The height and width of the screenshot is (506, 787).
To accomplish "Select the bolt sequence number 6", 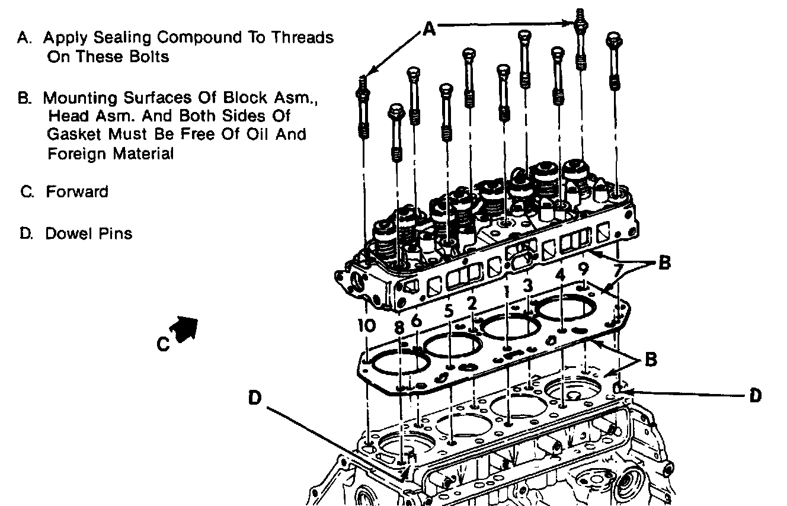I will pyautogui.click(x=417, y=321).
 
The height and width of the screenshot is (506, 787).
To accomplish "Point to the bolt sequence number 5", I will pyautogui.click(x=449, y=310).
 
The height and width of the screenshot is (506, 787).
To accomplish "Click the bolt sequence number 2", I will pyautogui.click(x=472, y=303).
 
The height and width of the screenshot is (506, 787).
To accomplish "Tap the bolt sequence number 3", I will pyautogui.click(x=527, y=285).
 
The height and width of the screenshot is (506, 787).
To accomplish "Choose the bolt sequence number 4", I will pyautogui.click(x=561, y=276).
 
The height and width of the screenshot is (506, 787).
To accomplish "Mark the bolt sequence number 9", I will pyautogui.click(x=584, y=270).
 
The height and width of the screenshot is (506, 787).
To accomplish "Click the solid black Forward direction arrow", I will pyautogui.click(x=184, y=326).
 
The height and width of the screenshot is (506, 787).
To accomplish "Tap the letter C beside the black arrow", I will pyautogui.click(x=164, y=344).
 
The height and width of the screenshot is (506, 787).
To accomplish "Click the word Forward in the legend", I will pyautogui.click(x=77, y=192).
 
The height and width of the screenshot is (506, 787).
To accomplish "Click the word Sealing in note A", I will pyautogui.click(x=123, y=37).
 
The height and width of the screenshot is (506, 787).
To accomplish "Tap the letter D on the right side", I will pyautogui.click(x=755, y=395).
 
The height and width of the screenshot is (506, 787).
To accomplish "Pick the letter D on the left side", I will pyautogui.click(x=255, y=399).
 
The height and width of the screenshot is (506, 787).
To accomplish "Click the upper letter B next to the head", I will pyautogui.click(x=664, y=263).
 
